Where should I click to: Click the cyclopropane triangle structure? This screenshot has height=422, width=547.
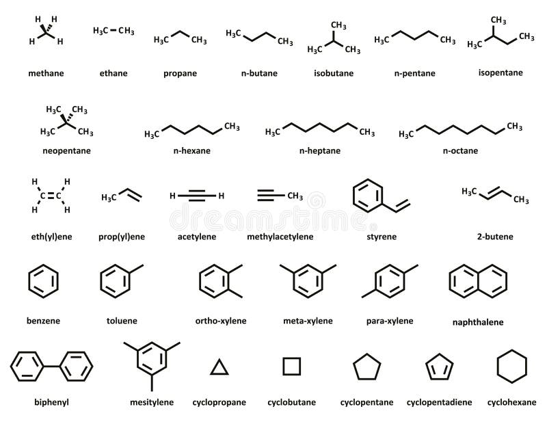pos(219,368)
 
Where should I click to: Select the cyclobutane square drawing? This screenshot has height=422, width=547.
pos(292,367)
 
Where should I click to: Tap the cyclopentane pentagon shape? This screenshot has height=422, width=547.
pos(366,367)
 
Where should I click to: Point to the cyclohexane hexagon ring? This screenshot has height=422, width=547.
pos(511,367)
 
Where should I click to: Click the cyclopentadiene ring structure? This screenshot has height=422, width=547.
pos(438,368)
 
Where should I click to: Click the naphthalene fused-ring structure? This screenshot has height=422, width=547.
pos(478,280)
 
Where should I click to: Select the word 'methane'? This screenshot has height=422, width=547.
pos(46,72)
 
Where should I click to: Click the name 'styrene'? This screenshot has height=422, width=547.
pos(382,237)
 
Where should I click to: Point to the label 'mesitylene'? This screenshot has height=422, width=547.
pos(151,402)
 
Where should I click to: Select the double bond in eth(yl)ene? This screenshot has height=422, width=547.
pos(51,196)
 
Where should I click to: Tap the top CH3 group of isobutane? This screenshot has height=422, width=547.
pos(338,25)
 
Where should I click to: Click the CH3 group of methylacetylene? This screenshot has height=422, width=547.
pos(295,196)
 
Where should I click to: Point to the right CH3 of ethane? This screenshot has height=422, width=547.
pos(125,31)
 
